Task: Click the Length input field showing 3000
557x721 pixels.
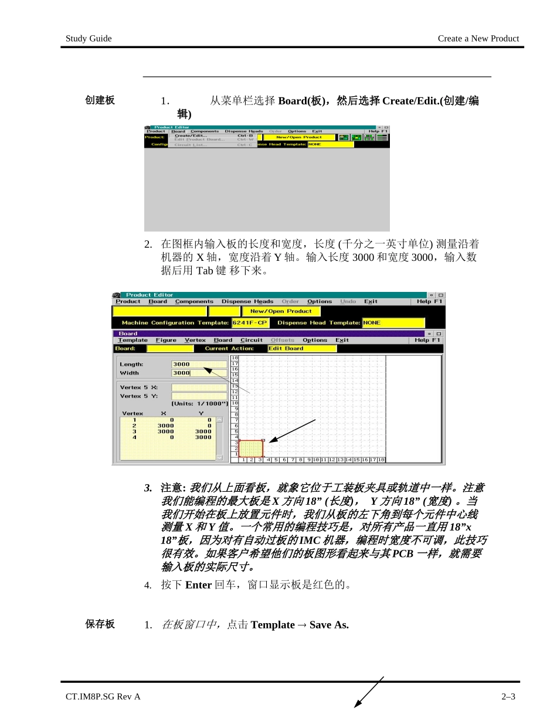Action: coord(199,364)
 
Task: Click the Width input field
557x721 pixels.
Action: coord(199,373)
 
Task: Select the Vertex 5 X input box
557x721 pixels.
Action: coord(199,387)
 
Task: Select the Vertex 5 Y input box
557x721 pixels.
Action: coord(199,396)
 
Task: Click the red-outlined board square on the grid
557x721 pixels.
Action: coord(251,448)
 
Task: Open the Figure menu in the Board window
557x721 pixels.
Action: coord(166,340)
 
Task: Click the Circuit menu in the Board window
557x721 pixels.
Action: coord(252,340)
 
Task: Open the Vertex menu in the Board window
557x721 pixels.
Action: coord(195,340)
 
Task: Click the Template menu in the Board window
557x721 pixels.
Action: coord(133,340)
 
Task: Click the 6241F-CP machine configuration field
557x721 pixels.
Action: coord(250,323)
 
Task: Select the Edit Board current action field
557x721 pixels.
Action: coord(302,348)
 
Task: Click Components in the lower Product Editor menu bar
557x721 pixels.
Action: coord(194,301)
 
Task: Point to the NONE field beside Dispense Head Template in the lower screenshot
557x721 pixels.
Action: coord(393,323)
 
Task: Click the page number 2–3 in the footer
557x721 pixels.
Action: coord(508,697)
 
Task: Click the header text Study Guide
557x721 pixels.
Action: coord(89,39)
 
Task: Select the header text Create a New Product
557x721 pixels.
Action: coord(478,39)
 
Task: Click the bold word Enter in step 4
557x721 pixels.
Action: coord(198,585)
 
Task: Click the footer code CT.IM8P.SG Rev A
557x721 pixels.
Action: coord(103,697)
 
